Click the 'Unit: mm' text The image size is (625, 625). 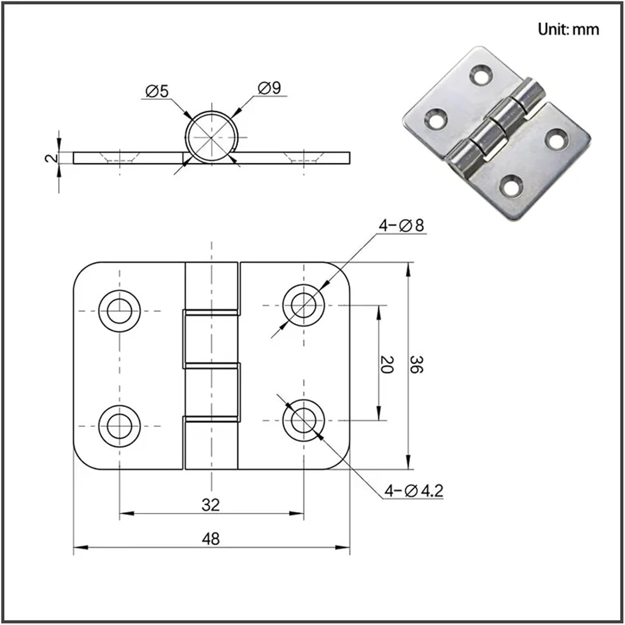click(x=568, y=30)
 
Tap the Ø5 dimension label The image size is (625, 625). click(x=157, y=91)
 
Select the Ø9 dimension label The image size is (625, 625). click(x=269, y=88)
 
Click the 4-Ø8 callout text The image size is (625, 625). click(x=401, y=225)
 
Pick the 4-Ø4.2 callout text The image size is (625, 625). click(x=413, y=491)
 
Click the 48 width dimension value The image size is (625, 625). click(x=210, y=539)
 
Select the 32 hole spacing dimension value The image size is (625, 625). click(x=210, y=505)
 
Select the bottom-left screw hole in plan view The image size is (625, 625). click(x=120, y=425)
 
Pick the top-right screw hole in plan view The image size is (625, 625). click(x=303, y=305)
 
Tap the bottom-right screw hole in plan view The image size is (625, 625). click(x=303, y=420)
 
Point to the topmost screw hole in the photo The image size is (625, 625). click(x=481, y=74)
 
